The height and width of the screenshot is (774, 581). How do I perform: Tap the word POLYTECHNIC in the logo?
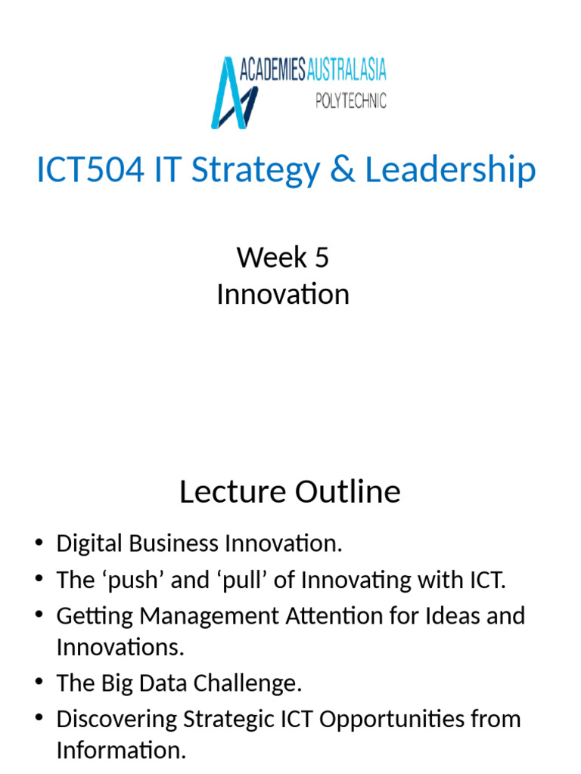350,101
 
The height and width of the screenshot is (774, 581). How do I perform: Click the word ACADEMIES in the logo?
273,71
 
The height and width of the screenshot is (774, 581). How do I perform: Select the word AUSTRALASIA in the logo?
346,71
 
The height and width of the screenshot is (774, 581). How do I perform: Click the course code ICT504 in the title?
90,170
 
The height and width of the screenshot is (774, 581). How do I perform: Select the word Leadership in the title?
450,170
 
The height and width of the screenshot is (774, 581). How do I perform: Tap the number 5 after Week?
322,258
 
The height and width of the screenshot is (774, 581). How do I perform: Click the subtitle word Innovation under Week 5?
283,294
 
